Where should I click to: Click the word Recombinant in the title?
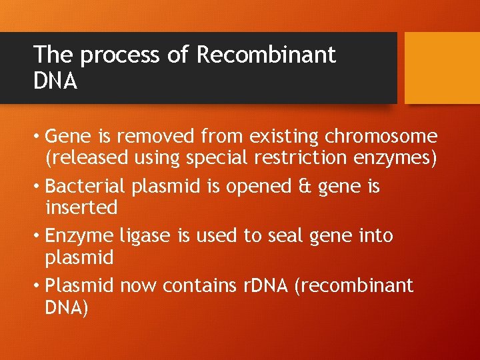click(x=266, y=55)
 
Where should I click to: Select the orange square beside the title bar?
click(x=442, y=68)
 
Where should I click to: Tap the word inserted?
click(x=81, y=208)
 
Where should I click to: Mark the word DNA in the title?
click(x=55, y=81)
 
